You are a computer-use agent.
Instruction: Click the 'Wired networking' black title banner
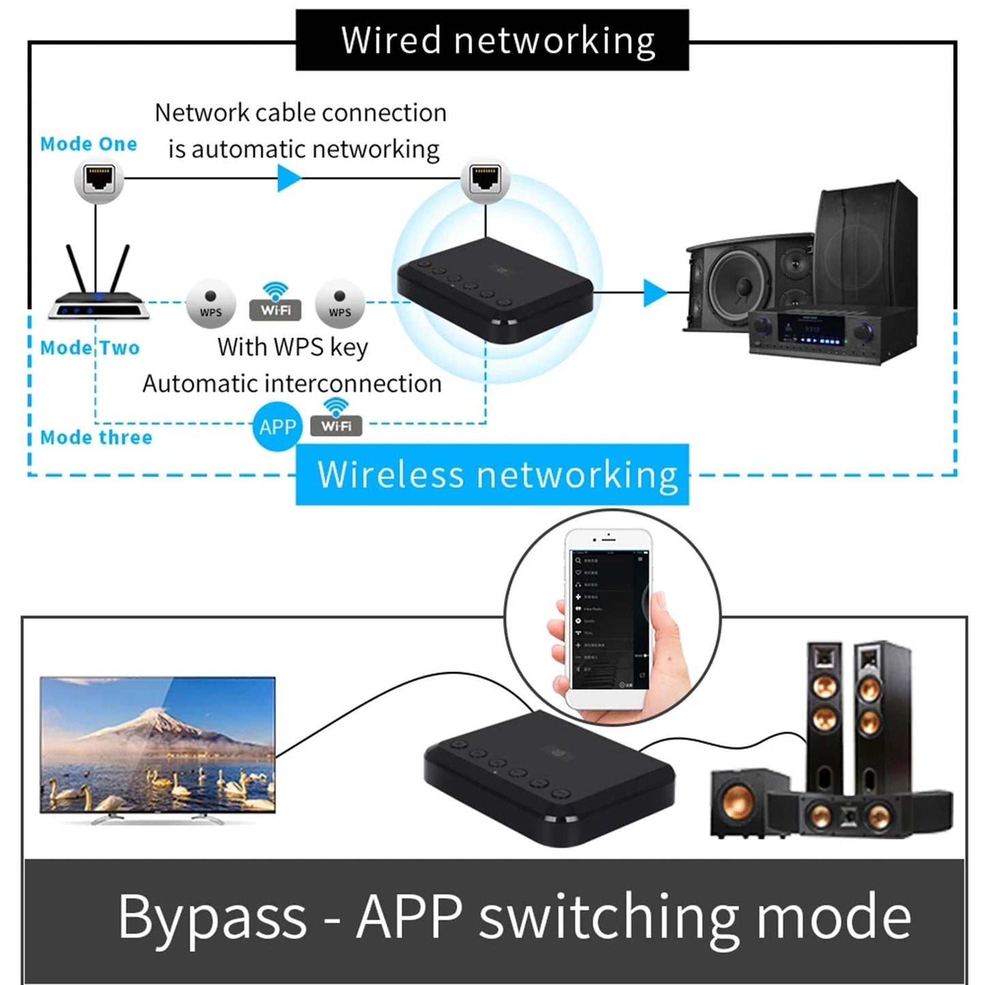[492, 40]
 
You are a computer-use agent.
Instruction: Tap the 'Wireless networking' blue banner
[492, 474]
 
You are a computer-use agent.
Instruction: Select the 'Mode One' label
[89, 144]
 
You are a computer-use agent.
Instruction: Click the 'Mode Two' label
[90, 348]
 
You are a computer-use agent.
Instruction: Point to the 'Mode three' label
[96, 437]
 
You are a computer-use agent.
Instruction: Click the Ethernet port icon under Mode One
[99, 179]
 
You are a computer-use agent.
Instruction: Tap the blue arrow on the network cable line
[288, 179]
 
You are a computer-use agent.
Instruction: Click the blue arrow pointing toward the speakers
[654, 293]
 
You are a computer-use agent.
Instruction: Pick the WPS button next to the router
[211, 304]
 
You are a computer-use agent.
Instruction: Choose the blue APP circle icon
[277, 427]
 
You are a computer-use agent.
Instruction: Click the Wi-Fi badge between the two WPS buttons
[275, 303]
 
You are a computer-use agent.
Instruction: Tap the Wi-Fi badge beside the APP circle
[336, 419]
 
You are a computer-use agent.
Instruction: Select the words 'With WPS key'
[292, 347]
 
